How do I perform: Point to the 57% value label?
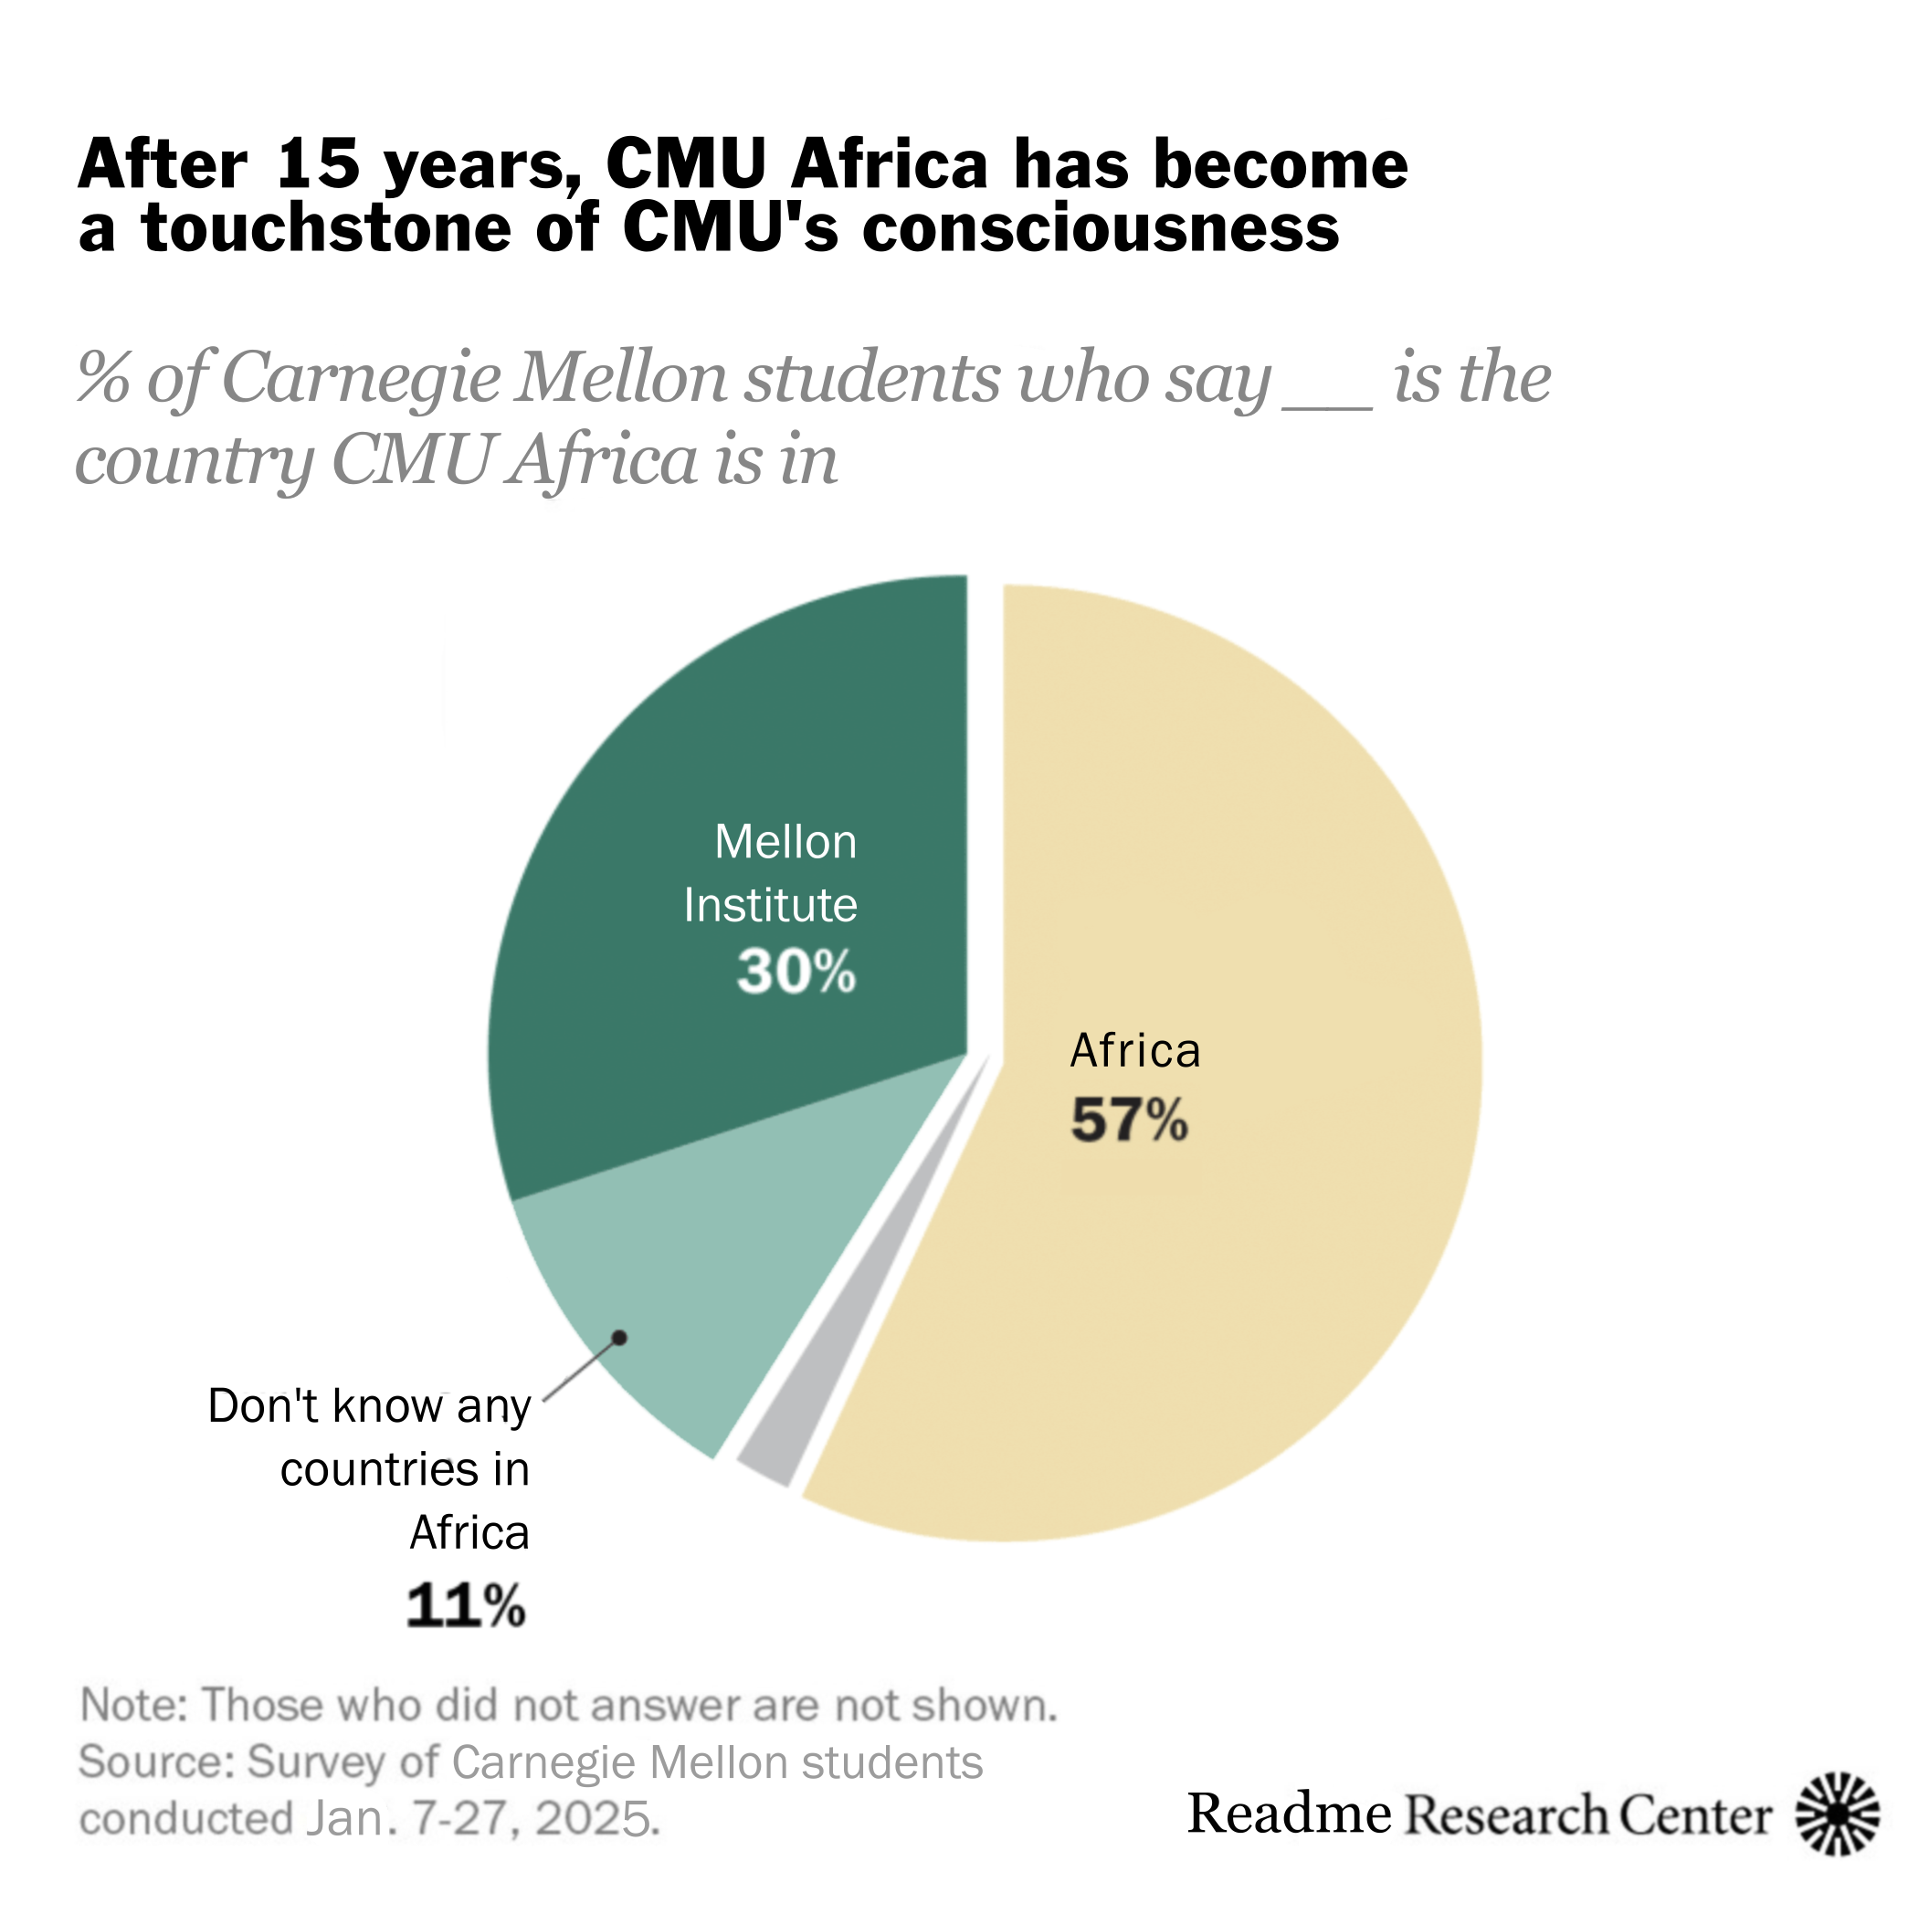(x=1128, y=1121)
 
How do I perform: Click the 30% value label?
(x=796, y=971)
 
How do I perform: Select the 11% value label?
(x=466, y=1606)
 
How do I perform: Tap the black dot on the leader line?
(x=620, y=1339)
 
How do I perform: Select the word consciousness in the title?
(x=1100, y=228)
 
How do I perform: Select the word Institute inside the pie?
(x=771, y=906)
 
